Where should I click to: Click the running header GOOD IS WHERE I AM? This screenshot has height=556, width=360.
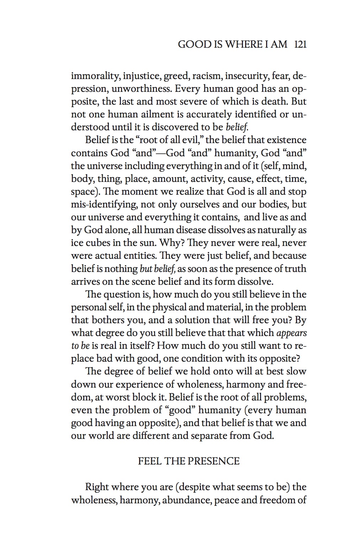[x=232, y=44]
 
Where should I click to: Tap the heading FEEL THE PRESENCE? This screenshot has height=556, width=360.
[x=189, y=461]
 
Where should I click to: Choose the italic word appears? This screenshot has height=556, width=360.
[x=291, y=333]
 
